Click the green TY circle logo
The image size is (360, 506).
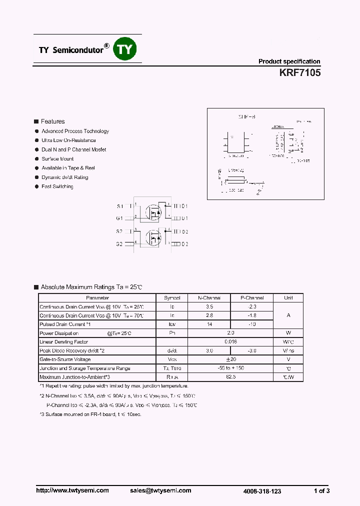(x=126, y=49)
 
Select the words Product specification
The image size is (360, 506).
(x=289, y=61)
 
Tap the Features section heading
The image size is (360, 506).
(x=52, y=121)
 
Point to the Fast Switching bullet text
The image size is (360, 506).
(x=57, y=186)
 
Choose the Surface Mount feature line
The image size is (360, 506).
(x=57, y=159)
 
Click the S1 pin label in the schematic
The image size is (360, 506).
(x=119, y=206)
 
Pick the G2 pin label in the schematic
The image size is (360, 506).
(x=119, y=244)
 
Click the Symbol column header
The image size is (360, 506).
(x=172, y=297)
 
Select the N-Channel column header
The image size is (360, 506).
(x=209, y=297)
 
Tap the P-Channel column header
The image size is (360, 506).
(x=252, y=297)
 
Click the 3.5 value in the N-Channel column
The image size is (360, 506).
(x=209, y=306)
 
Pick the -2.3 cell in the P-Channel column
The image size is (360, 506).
(x=252, y=306)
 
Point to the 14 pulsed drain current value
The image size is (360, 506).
(x=209, y=324)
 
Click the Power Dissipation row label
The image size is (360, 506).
(x=59, y=333)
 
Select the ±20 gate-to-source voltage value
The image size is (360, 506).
(x=230, y=359)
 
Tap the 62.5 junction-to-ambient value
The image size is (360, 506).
(x=230, y=377)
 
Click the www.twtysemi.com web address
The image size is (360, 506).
(x=72, y=490)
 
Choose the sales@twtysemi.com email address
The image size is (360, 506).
(x=160, y=490)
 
